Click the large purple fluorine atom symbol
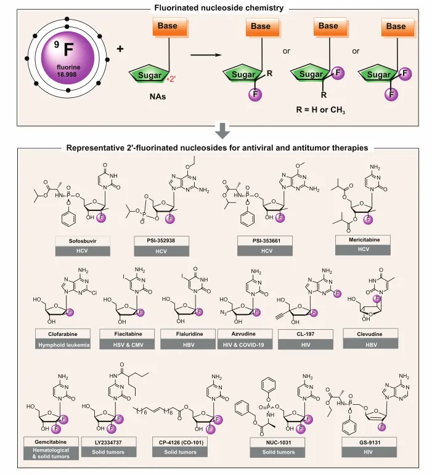point(59,62)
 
